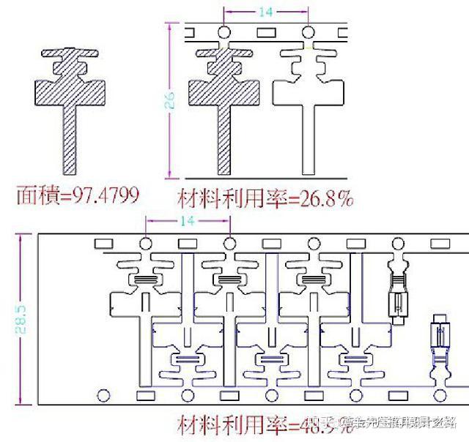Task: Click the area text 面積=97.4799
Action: (x=77, y=195)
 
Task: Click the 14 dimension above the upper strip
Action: (x=265, y=12)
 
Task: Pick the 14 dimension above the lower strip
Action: (x=188, y=220)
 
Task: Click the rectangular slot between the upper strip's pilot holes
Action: (x=265, y=32)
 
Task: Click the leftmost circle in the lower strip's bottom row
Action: (x=103, y=395)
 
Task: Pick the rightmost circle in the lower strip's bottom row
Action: (x=440, y=395)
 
